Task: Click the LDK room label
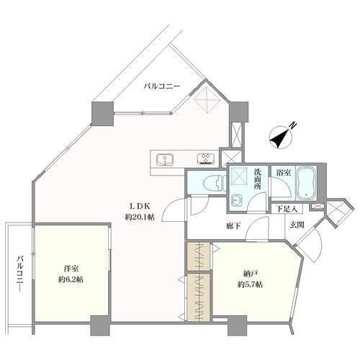pyautogui.click(x=140, y=206)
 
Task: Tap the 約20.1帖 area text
pyautogui.click(x=140, y=217)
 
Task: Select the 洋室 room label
pyautogui.click(x=72, y=269)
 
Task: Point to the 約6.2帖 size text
pyautogui.click(x=71, y=279)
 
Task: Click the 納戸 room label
pyautogui.click(x=251, y=274)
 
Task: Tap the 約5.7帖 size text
pyautogui.click(x=250, y=284)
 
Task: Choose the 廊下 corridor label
pyautogui.click(x=233, y=225)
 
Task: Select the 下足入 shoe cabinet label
pyautogui.click(x=287, y=209)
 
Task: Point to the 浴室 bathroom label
pyautogui.click(x=284, y=172)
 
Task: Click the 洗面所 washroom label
pyautogui.click(x=258, y=179)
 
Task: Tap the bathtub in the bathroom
pyautogui.click(x=306, y=183)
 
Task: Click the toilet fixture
pyautogui.click(x=215, y=184)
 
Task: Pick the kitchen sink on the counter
pyautogui.click(x=165, y=160)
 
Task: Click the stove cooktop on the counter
pyautogui.click(x=206, y=159)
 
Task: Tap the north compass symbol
pyautogui.click(x=282, y=136)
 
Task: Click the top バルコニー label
pyautogui.click(x=162, y=86)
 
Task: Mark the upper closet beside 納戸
pyautogui.click(x=199, y=257)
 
